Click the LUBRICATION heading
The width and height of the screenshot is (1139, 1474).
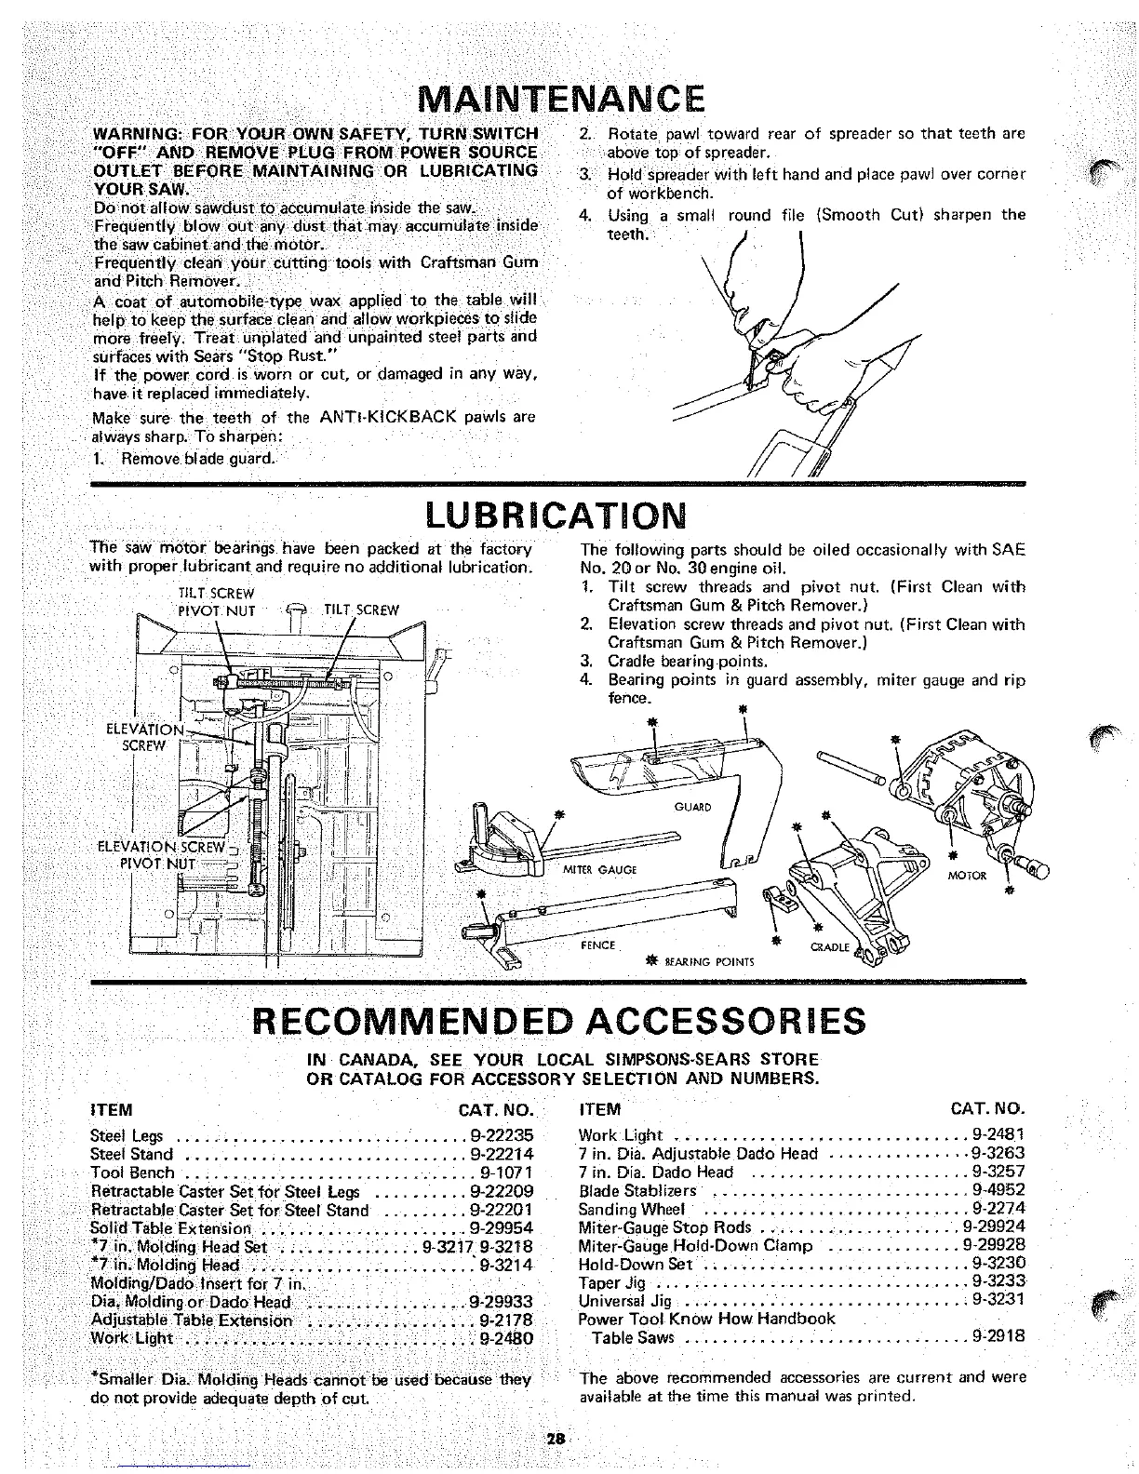(556, 514)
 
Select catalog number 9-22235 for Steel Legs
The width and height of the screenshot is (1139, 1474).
(502, 1135)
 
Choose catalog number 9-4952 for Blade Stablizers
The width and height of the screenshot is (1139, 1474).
(998, 1190)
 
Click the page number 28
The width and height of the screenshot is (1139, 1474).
(556, 1438)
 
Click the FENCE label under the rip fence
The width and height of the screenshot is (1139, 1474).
(597, 945)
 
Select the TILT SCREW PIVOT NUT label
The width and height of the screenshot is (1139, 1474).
(216, 602)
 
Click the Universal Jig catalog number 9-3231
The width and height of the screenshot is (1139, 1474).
(998, 1300)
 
